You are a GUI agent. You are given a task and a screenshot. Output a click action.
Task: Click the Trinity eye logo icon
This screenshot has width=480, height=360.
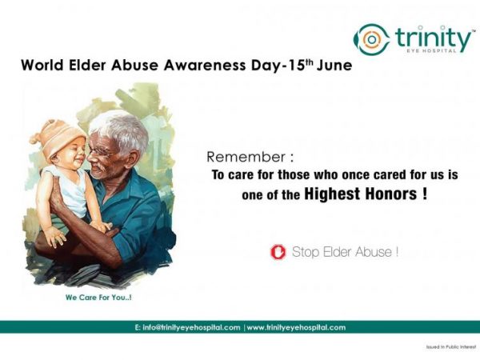click(x=372, y=39)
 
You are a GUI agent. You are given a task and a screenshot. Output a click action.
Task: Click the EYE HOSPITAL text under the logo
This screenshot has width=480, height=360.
click(x=431, y=51)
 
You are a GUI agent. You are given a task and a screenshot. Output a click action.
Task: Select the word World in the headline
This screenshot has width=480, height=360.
click(x=42, y=66)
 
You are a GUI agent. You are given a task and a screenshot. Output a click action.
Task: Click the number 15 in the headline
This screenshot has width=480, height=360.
click(x=297, y=66)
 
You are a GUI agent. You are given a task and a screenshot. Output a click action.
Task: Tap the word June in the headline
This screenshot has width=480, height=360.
click(x=334, y=66)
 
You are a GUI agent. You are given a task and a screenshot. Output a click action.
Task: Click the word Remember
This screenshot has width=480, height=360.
click(x=246, y=157)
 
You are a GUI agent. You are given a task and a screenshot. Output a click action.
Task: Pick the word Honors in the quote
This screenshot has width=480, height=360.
click(x=390, y=194)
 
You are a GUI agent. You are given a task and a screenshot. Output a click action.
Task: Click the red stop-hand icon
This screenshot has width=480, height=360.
click(x=278, y=252)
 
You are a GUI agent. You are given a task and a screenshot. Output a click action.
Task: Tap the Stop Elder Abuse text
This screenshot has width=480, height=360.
click(x=345, y=252)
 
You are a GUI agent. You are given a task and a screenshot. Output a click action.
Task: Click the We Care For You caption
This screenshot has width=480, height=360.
click(x=98, y=298)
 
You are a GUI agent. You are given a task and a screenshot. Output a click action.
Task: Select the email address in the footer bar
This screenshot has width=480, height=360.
click(x=187, y=327)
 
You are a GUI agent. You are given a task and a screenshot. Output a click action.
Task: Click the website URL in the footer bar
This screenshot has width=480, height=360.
click(x=296, y=327)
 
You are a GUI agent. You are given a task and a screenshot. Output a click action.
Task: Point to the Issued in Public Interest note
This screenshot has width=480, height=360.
click(x=451, y=347)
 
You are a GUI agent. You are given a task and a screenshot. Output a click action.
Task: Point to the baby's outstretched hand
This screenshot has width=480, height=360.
click(x=55, y=237)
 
